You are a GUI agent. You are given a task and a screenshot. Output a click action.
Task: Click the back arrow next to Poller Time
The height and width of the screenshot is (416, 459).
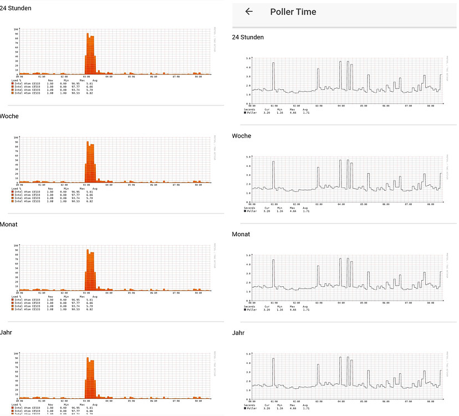[x=249, y=12]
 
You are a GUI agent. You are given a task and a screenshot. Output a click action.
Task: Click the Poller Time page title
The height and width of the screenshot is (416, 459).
[x=293, y=12]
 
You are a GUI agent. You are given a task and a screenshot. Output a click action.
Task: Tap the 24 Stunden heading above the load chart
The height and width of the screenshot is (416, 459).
[x=16, y=8]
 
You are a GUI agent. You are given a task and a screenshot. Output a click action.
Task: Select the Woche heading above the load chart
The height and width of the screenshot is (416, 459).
[x=9, y=117]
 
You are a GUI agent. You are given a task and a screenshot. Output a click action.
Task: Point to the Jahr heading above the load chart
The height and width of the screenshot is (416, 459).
[x=7, y=332]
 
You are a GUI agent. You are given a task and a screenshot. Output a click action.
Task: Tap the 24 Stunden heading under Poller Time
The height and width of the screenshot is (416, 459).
[x=248, y=37]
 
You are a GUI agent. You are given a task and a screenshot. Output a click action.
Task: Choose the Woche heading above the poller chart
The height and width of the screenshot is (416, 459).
[x=242, y=136]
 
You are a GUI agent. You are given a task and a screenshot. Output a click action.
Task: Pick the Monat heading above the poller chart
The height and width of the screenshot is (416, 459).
[x=242, y=234]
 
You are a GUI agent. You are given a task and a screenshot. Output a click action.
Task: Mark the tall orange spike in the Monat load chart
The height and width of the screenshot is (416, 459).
[x=90, y=269]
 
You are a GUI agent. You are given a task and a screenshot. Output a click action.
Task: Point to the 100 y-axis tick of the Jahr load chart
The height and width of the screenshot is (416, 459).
[x=16, y=353]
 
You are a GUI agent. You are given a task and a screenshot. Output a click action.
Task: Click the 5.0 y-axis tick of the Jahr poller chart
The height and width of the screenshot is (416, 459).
[x=249, y=354]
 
